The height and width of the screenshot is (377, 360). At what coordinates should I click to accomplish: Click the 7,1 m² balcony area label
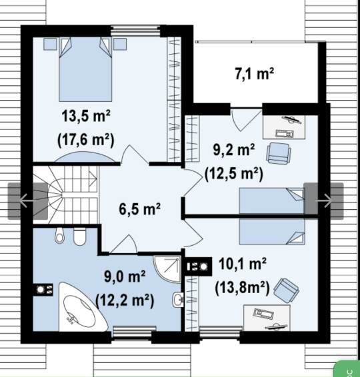pyautogui.click(x=255, y=73)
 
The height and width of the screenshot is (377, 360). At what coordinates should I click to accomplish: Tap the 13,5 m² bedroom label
pyautogui.click(x=86, y=116)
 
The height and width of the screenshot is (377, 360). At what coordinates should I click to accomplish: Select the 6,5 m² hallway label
pyautogui.click(x=139, y=208)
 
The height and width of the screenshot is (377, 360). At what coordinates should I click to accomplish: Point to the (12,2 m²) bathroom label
pyautogui.click(x=125, y=300)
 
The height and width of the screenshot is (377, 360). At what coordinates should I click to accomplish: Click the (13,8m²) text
pyautogui.click(x=242, y=288)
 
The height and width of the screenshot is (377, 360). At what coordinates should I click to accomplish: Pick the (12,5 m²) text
pyautogui.click(x=233, y=174)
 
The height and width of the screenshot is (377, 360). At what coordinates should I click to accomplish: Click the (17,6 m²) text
pyautogui.click(x=86, y=140)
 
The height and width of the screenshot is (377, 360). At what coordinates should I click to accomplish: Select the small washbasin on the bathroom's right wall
pyautogui.click(x=178, y=300)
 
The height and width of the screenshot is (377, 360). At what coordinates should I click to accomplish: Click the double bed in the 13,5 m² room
pyautogui.click(x=85, y=69)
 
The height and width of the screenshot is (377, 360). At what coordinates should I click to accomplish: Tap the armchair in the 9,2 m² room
pyautogui.click(x=279, y=153)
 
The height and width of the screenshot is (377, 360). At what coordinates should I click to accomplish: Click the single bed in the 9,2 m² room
pyautogui.click(x=272, y=200)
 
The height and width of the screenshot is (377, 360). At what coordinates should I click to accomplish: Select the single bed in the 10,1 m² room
pyautogui.click(x=272, y=232)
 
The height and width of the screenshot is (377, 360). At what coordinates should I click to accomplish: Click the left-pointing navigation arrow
pyautogui.click(x=24, y=200)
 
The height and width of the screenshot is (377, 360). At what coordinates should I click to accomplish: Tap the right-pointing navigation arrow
pyautogui.click(x=324, y=200)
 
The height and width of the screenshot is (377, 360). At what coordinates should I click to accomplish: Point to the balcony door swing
pyautogui.click(x=246, y=120)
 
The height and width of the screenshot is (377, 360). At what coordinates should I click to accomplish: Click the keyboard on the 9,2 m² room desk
pyautogui.click(x=285, y=133)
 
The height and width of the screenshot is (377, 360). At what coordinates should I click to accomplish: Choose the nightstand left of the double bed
pyautogui.click(x=50, y=44)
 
